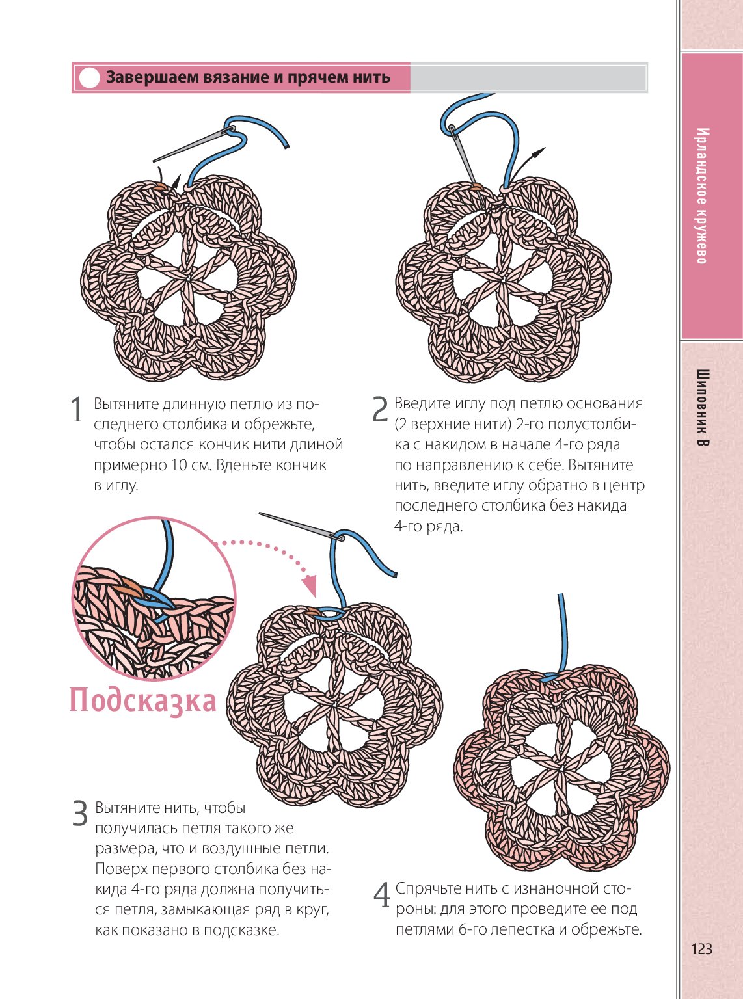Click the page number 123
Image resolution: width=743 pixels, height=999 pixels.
click(701, 949)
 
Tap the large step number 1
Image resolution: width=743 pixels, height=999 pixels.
click(77, 410)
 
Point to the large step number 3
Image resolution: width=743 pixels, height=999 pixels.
click(79, 814)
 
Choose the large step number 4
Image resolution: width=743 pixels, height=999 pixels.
click(382, 895)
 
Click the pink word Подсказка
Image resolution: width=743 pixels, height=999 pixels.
click(142, 700)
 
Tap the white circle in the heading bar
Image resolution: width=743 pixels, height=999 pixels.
click(88, 78)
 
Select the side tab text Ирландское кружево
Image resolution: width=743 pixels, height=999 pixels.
click(702, 196)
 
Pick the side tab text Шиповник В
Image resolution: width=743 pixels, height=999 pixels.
click(703, 408)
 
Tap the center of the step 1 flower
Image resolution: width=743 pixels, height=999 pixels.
click(188, 280)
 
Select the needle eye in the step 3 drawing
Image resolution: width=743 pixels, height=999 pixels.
click(338, 537)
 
